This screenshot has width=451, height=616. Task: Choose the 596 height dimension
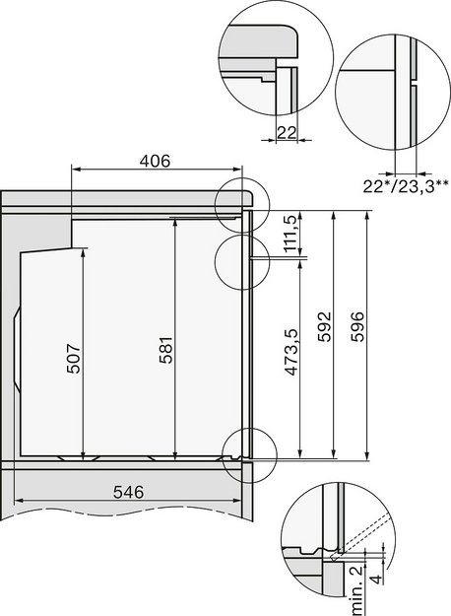tap(357, 325)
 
